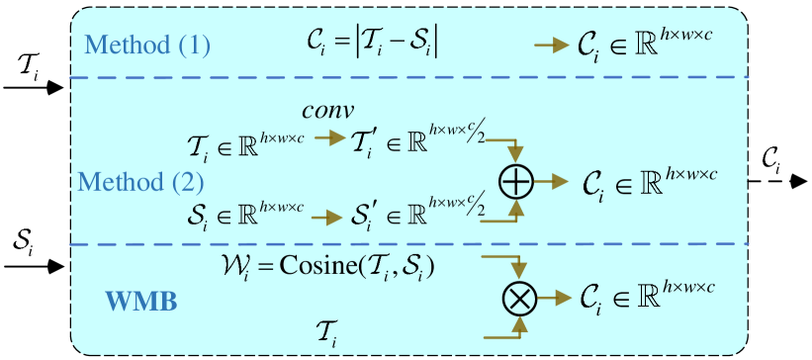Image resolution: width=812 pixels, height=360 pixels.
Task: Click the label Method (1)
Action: coord(147,45)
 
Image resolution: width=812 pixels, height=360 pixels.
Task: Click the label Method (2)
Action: coord(140,182)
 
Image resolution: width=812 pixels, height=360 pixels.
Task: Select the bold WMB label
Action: coord(141,301)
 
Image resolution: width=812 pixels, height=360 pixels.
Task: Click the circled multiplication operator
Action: coord(518,297)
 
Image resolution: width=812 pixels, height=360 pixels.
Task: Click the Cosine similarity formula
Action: coord(329,266)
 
